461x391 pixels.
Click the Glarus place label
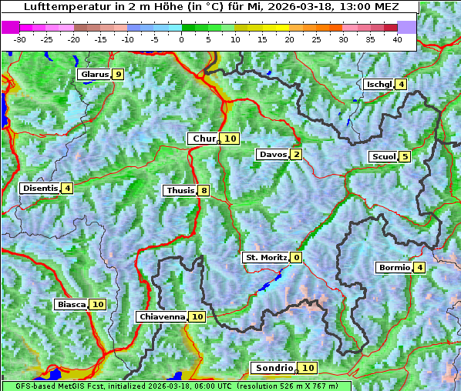[x=94, y=75]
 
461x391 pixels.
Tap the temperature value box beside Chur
[x=231, y=139]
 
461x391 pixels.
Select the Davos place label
[x=273, y=155]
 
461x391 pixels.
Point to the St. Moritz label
[x=265, y=257]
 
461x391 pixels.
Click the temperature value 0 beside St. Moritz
[x=297, y=257]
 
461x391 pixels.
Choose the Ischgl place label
[x=379, y=84]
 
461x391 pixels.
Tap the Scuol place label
[x=384, y=156]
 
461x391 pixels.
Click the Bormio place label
[x=394, y=268]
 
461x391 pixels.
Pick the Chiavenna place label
[x=162, y=316]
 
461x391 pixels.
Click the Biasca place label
[x=72, y=304]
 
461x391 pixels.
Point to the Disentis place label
[x=40, y=188]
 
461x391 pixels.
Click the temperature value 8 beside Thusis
[x=204, y=190]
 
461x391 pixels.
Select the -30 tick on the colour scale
[x=20, y=38]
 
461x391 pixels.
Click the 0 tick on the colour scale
[x=182, y=38]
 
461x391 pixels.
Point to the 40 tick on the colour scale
[x=398, y=38]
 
